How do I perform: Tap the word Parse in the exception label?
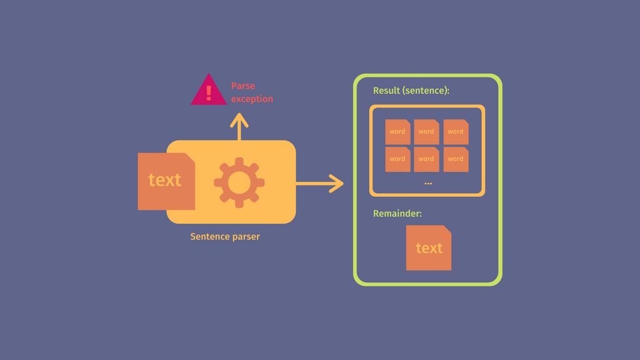[243, 86]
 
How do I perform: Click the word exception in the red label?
[252, 99]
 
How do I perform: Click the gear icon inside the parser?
[239, 182]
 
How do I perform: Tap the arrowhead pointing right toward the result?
[337, 184]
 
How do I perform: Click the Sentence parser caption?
[225, 237]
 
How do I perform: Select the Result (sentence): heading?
[411, 91]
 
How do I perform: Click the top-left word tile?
[397, 132]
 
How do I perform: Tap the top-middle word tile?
[426, 132]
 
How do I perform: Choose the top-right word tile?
[456, 132]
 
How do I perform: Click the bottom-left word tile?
[397, 159]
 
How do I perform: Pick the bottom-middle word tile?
[426, 159]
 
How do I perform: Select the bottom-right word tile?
[456, 159]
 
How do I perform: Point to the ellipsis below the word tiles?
[428, 183]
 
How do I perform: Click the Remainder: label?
[397, 214]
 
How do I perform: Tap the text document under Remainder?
[428, 248]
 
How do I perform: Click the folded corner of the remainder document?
[447, 229]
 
